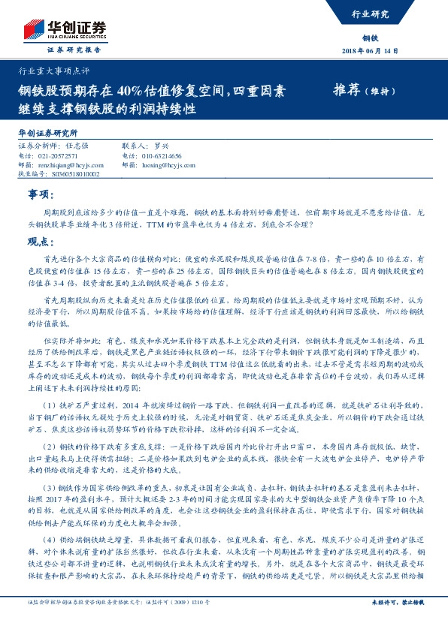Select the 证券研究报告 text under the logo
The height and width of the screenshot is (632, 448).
(74, 50)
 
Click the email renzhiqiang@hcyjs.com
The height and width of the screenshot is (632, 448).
(69, 164)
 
